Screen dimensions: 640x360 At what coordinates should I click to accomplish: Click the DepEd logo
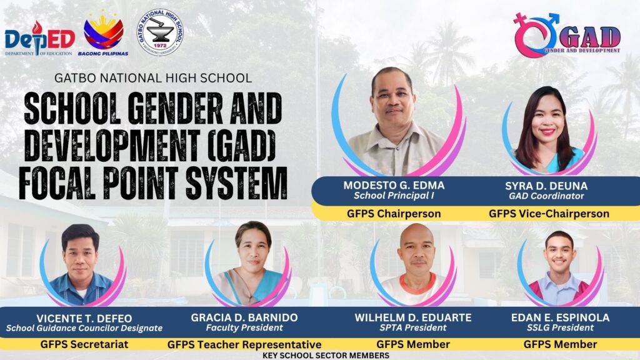pyautogui.click(x=39, y=38)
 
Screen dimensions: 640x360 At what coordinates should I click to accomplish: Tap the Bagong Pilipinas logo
pyautogui.click(x=103, y=34)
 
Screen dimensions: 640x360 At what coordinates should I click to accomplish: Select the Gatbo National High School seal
pyautogui.click(x=159, y=32)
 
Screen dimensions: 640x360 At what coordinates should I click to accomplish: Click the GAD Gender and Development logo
pyautogui.click(x=567, y=35)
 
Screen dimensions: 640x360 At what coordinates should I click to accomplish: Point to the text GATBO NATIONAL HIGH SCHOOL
pyautogui.click(x=153, y=77)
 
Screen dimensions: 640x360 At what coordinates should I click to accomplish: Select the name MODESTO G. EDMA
pyautogui.click(x=394, y=185)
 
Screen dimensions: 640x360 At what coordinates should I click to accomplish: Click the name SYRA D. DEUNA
pyautogui.click(x=546, y=186)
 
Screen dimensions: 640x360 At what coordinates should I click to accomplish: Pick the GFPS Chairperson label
pyautogui.click(x=394, y=214)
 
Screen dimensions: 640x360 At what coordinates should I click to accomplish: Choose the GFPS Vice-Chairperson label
pyautogui.click(x=549, y=214)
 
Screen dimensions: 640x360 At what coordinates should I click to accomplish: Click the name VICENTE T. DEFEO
pyautogui.click(x=84, y=318)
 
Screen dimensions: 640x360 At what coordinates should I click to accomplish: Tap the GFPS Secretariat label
pyautogui.click(x=84, y=344)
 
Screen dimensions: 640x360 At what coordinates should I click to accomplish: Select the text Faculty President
pyautogui.click(x=244, y=327)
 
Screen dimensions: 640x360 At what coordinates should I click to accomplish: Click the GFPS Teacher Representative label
pyautogui.click(x=244, y=344)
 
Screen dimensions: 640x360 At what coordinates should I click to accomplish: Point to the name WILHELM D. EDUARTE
pyautogui.click(x=413, y=317)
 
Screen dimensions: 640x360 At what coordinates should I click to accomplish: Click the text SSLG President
pyautogui.click(x=560, y=327)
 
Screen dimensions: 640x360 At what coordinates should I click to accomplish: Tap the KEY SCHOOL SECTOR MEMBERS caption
pyautogui.click(x=326, y=356)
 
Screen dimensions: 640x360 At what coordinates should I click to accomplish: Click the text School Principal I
pyautogui.click(x=394, y=196)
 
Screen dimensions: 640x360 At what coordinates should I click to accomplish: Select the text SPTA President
pyautogui.click(x=413, y=327)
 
